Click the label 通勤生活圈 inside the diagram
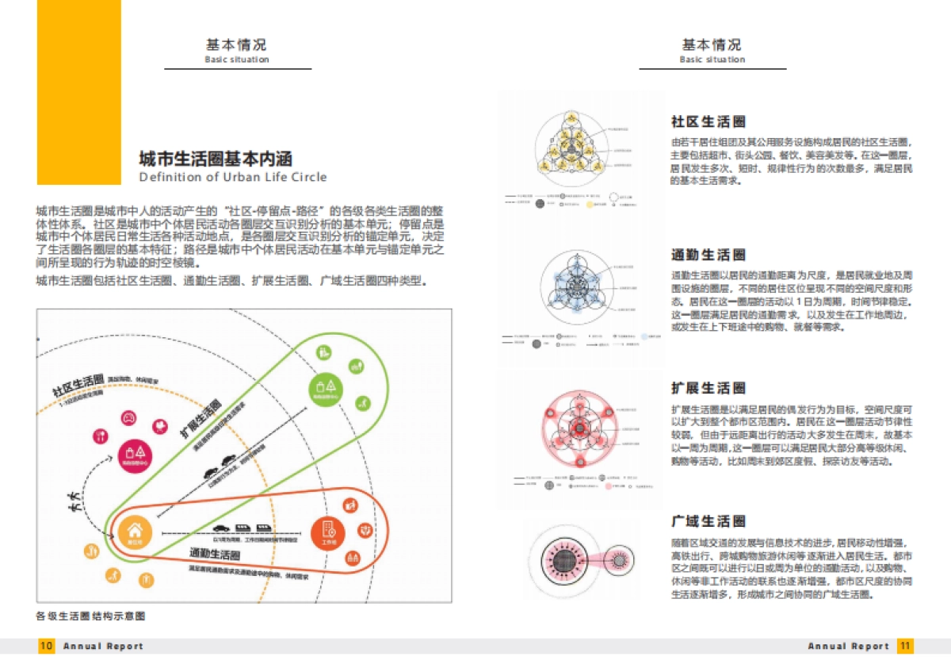click(215, 554)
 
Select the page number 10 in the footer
click(47, 646)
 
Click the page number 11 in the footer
click(904, 646)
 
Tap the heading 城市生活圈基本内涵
click(216, 157)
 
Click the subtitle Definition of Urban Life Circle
click(232, 177)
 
